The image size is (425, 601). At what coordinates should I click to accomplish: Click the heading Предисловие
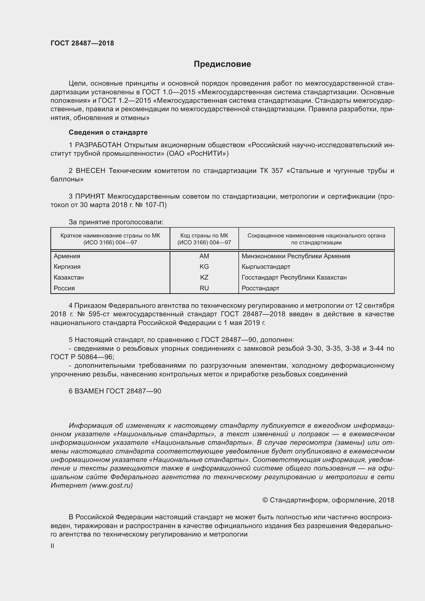pyautogui.click(x=222, y=64)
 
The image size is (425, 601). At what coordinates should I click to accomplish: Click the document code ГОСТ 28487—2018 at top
pyautogui.click(x=82, y=43)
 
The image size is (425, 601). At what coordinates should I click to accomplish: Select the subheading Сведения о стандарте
pyautogui.click(x=108, y=132)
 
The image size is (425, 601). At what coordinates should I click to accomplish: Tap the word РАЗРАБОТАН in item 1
pyautogui.click(x=98, y=145)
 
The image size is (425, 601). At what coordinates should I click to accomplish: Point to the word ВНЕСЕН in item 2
pyautogui.click(x=90, y=171)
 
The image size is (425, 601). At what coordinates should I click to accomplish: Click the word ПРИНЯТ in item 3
pyautogui.click(x=90, y=196)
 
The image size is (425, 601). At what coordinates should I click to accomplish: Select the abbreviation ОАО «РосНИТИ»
pyautogui.click(x=198, y=154)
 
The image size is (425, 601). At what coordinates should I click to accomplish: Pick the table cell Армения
pyautogui.click(x=67, y=256)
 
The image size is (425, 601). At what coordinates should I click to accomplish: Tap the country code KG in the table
pyautogui.click(x=204, y=267)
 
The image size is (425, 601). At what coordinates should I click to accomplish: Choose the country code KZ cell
pyautogui.click(x=204, y=278)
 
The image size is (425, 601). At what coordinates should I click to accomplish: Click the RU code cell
pyautogui.click(x=204, y=288)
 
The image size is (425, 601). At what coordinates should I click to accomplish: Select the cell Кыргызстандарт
pyautogui.click(x=266, y=267)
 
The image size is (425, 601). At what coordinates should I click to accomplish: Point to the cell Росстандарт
pyautogui.click(x=260, y=288)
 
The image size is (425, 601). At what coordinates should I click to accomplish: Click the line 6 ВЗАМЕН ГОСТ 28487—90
pyautogui.click(x=115, y=391)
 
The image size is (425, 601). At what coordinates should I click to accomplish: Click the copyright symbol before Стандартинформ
pyautogui.click(x=265, y=500)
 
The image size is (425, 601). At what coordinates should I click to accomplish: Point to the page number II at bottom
pyautogui.click(x=52, y=546)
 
